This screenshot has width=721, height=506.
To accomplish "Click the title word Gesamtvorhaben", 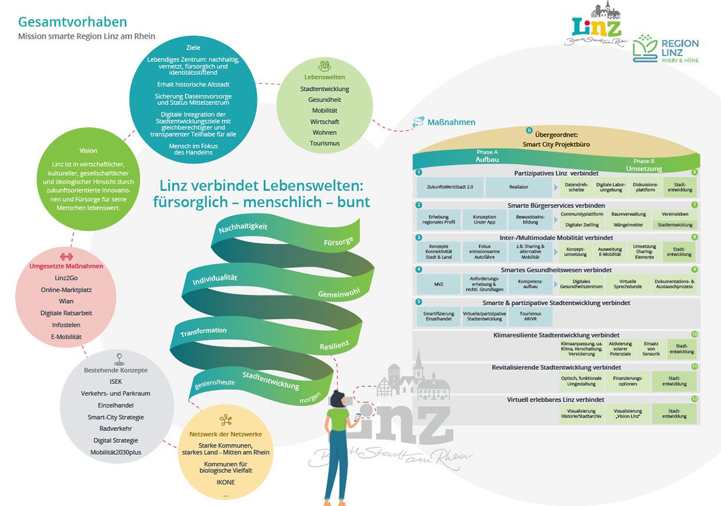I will pos(72,22).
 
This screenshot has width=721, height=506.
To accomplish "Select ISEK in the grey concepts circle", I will pos(115,382).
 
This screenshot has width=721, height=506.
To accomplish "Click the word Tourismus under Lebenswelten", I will pos(325,143).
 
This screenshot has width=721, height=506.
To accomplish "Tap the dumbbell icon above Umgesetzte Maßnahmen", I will pos(66,257).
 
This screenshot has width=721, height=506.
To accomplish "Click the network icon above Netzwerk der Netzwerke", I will pos(225,420).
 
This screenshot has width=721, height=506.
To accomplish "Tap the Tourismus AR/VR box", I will pos(530,317).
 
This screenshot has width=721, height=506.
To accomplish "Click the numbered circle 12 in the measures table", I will pos(694,399).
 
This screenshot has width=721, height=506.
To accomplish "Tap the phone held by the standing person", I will pos(356,417).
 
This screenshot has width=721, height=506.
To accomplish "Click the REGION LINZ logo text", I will pos(680,48).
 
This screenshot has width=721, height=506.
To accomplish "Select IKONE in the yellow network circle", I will pos(225,482).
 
